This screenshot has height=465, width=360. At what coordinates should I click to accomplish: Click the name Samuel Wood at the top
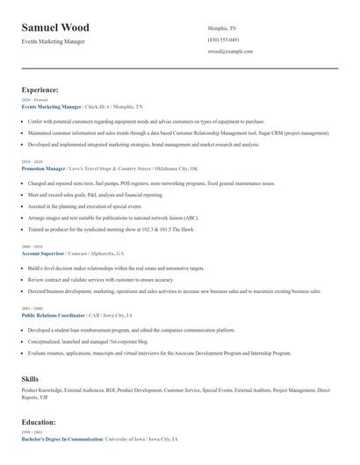55,28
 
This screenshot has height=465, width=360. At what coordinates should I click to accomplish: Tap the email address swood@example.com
230,52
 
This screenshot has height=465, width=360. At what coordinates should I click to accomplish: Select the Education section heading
39,422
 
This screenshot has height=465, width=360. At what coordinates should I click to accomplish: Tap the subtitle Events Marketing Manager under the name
53,41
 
